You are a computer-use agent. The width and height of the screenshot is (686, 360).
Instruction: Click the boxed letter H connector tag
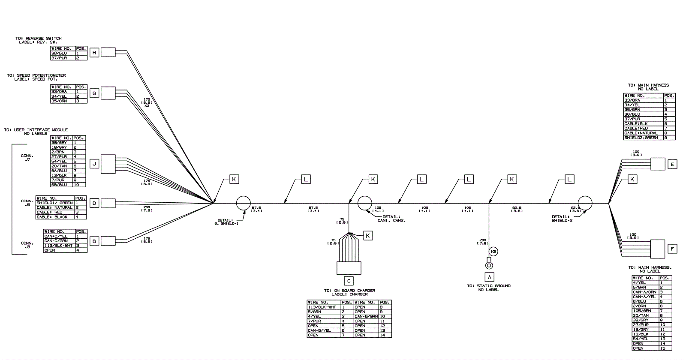coord(94,53)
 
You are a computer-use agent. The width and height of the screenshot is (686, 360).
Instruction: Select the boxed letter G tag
coord(94,93)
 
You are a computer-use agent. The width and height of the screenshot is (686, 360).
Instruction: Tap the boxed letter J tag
coord(94,164)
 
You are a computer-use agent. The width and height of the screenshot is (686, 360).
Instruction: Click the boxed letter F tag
coord(672,249)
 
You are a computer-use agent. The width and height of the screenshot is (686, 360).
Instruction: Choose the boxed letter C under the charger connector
coord(349,281)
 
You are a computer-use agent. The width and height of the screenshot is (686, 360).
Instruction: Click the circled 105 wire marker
coord(493,252)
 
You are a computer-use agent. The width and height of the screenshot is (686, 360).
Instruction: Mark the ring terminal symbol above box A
coord(488,264)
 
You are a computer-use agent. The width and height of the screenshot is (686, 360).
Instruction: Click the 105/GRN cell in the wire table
coord(643,311)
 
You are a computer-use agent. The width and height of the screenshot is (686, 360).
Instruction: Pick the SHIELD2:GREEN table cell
coord(642,138)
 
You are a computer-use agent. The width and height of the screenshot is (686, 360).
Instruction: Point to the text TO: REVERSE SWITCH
coord(39,39)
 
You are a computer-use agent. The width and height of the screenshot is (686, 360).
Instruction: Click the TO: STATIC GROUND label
coord(489,286)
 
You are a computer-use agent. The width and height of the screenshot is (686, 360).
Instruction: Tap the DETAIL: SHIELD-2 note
coord(563,219)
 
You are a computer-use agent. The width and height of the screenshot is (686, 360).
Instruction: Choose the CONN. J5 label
coord(27,203)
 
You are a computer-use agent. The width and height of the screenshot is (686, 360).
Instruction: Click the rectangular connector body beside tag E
coord(657,164)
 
